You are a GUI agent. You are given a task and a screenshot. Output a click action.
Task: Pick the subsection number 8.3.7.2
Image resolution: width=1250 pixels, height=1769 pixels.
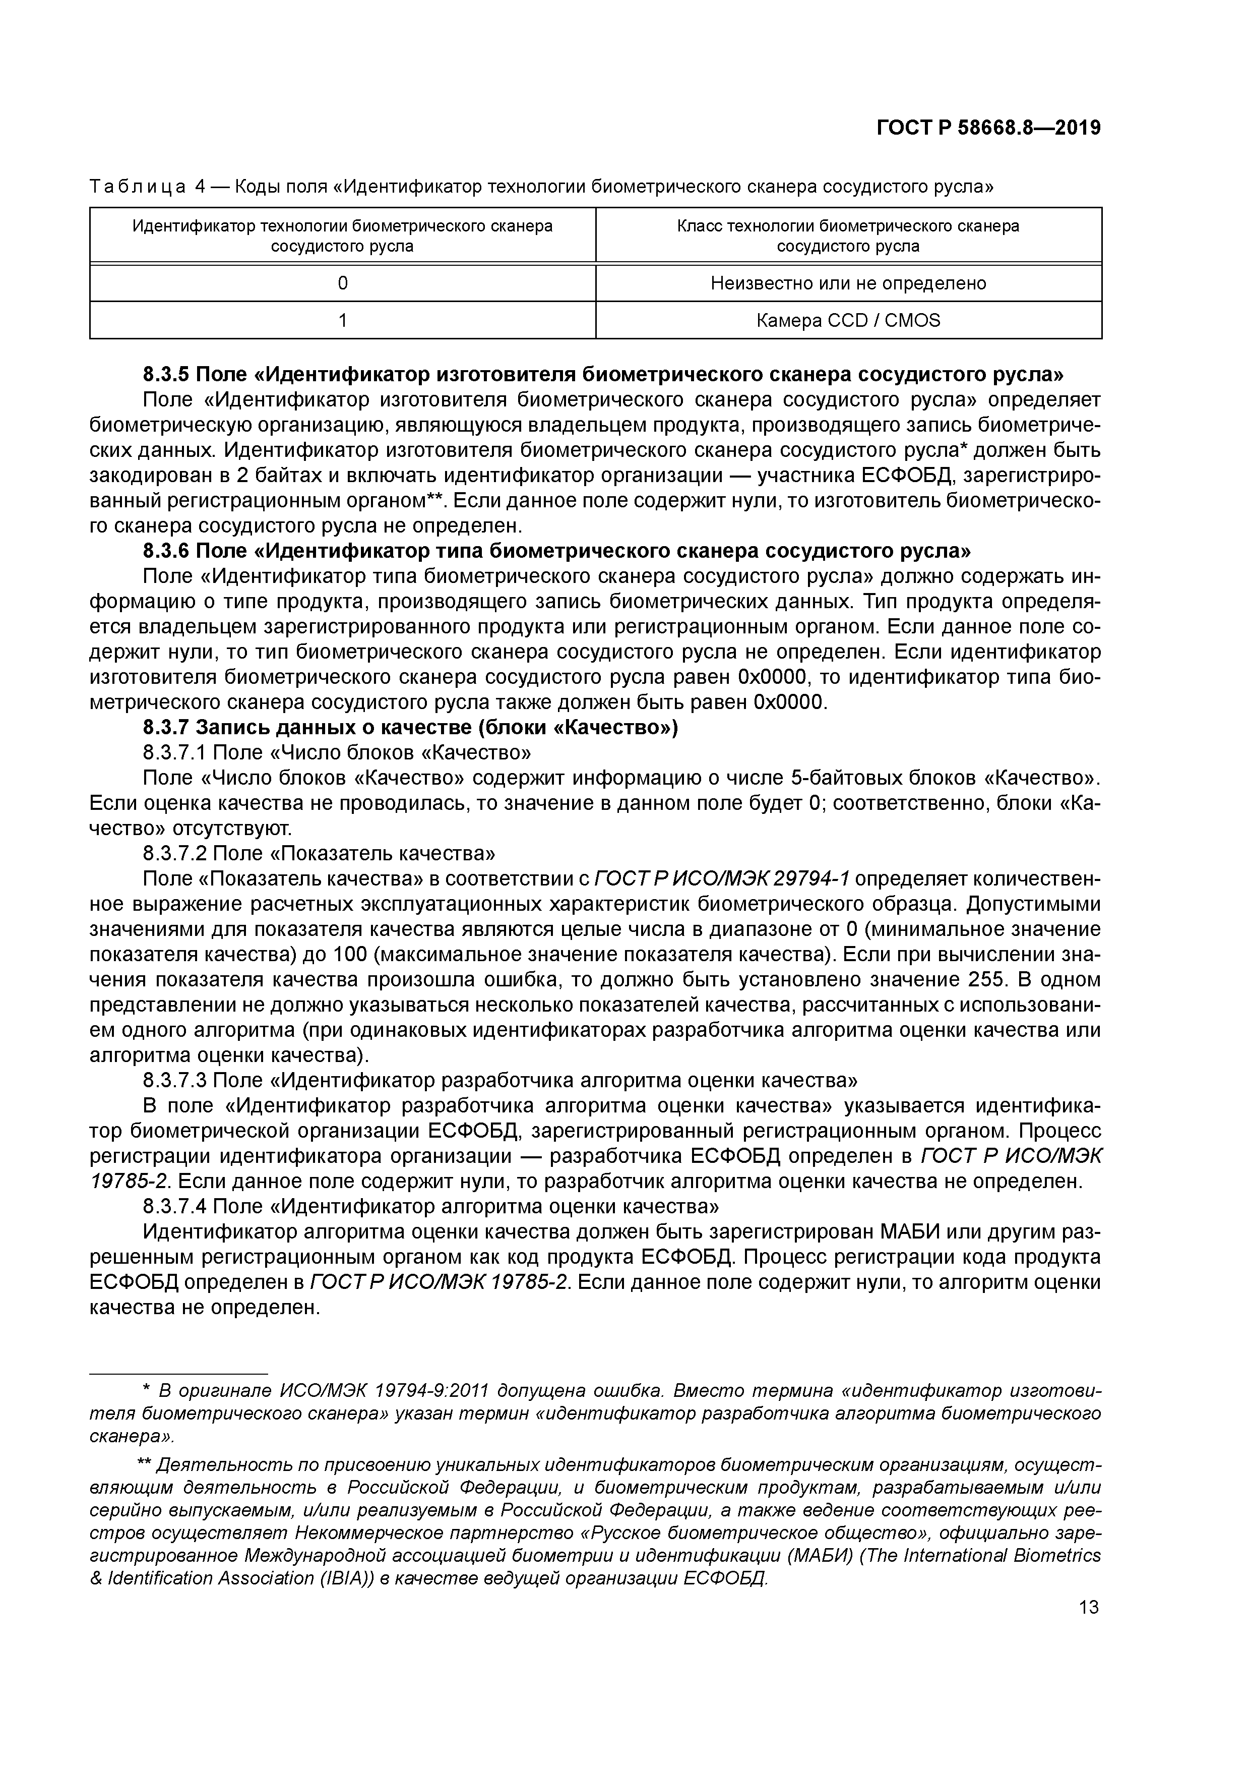[175, 854]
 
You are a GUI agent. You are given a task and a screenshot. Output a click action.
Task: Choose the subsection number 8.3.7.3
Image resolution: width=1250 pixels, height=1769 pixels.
[175, 1081]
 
